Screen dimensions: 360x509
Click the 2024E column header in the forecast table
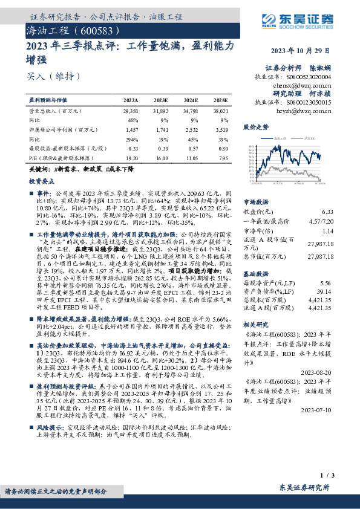(191, 101)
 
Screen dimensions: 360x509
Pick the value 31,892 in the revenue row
(160, 112)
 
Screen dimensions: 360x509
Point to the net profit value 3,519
(221, 130)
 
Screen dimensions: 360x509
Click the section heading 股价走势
(255, 128)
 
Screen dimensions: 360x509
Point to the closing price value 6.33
(328, 212)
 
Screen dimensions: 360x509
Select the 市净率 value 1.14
(328, 230)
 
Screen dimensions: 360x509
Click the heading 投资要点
(42, 181)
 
